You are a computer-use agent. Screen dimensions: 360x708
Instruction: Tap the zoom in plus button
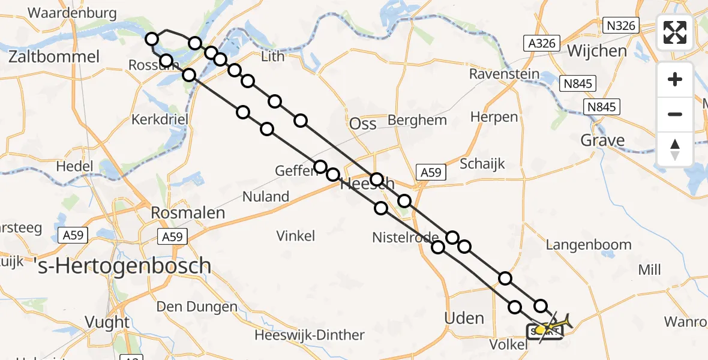(675, 79)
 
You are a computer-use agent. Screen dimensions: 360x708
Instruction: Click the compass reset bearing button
(675, 149)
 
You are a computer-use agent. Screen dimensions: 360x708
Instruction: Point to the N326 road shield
(620, 26)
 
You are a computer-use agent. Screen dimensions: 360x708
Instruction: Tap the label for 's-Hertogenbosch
(122, 265)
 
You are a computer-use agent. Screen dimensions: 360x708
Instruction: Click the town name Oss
(363, 124)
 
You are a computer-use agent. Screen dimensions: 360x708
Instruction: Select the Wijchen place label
(597, 51)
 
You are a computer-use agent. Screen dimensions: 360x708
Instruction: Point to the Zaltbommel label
(54, 57)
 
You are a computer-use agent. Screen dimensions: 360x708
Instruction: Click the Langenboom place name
(589, 244)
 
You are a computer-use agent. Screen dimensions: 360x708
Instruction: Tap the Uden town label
(464, 317)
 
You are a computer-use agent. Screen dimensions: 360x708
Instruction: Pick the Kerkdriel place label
(160, 119)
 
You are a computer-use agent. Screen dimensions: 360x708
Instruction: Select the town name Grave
(602, 140)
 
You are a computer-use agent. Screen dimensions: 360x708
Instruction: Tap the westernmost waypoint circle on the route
(152, 39)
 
